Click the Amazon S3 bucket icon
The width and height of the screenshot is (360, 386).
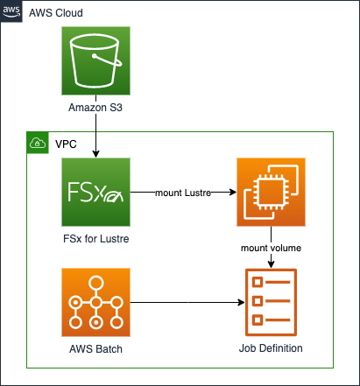coord(95,60)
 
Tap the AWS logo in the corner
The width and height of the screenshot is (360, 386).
coord(11,11)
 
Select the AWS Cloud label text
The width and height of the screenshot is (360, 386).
coord(56,13)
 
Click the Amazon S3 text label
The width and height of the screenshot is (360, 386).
coord(95,108)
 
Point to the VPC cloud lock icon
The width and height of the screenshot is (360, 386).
coord(38,143)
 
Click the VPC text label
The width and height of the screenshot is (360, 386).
coord(66,144)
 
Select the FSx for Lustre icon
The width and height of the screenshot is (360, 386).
coord(95,192)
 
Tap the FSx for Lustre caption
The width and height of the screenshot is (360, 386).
coord(96,239)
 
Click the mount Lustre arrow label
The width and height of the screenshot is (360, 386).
coord(183,193)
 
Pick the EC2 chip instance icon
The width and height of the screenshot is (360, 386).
coord(271,192)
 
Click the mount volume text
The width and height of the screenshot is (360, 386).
coord(271,248)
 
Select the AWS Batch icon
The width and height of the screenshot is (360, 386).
coord(95,302)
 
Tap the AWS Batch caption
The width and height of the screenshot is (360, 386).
coord(95,349)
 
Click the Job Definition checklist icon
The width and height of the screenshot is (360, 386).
coord(271,302)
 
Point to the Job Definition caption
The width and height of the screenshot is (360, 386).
coord(271,348)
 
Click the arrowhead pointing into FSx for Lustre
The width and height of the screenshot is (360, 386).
coord(95,154)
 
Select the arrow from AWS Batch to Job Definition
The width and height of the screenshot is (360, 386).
coord(187,302)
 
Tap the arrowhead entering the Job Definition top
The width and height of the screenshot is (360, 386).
coord(271,264)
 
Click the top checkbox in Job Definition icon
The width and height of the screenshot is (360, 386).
coord(258,282)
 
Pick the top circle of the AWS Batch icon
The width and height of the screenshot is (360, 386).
coord(96,283)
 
